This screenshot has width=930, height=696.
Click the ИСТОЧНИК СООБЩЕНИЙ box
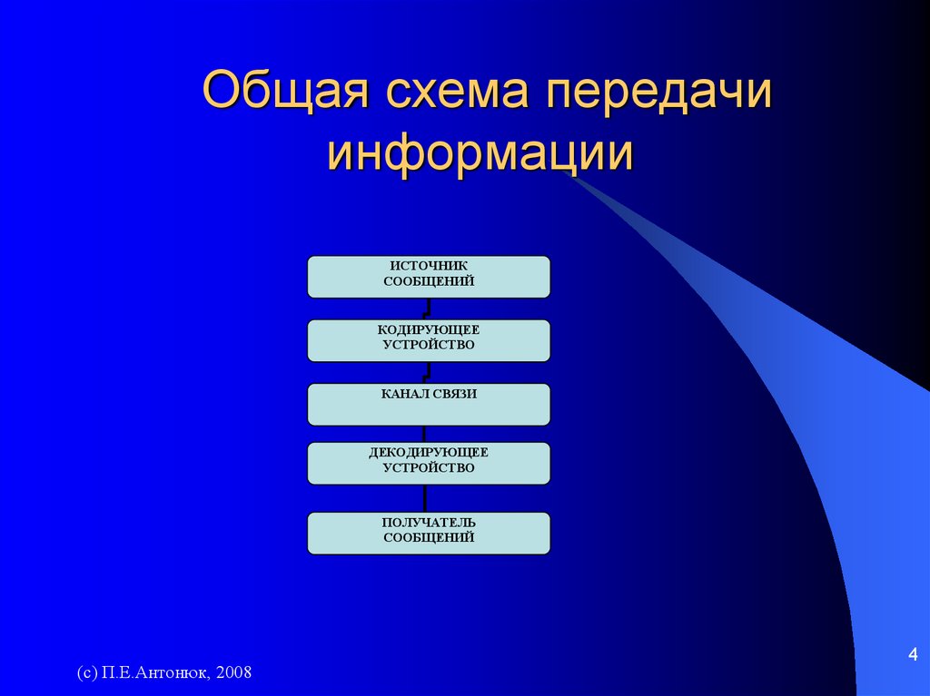[x=429, y=277]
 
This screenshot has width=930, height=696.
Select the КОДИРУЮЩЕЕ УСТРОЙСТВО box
[x=429, y=341]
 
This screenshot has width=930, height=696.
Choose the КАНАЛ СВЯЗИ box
[x=429, y=405]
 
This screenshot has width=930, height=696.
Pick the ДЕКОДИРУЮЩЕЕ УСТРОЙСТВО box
[x=429, y=464]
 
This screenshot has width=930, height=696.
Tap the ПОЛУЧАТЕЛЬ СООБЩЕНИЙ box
[x=429, y=534]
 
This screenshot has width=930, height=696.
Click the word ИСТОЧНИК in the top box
[x=429, y=266]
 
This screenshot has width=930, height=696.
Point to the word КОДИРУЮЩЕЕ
[x=429, y=329]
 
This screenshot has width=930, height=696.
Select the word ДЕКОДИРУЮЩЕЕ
[x=429, y=453]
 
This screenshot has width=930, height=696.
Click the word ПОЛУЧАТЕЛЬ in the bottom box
[x=429, y=523]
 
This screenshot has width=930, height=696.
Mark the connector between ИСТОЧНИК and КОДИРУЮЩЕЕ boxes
[x=427, y=309]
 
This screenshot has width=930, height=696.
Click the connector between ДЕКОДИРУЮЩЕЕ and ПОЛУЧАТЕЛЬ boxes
[x=425, y=498]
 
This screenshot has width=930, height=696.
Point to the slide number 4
[x=913, y=654]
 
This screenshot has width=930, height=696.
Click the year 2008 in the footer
[x=233, y=672]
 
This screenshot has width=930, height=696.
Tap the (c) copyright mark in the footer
[x=87, y=673]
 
